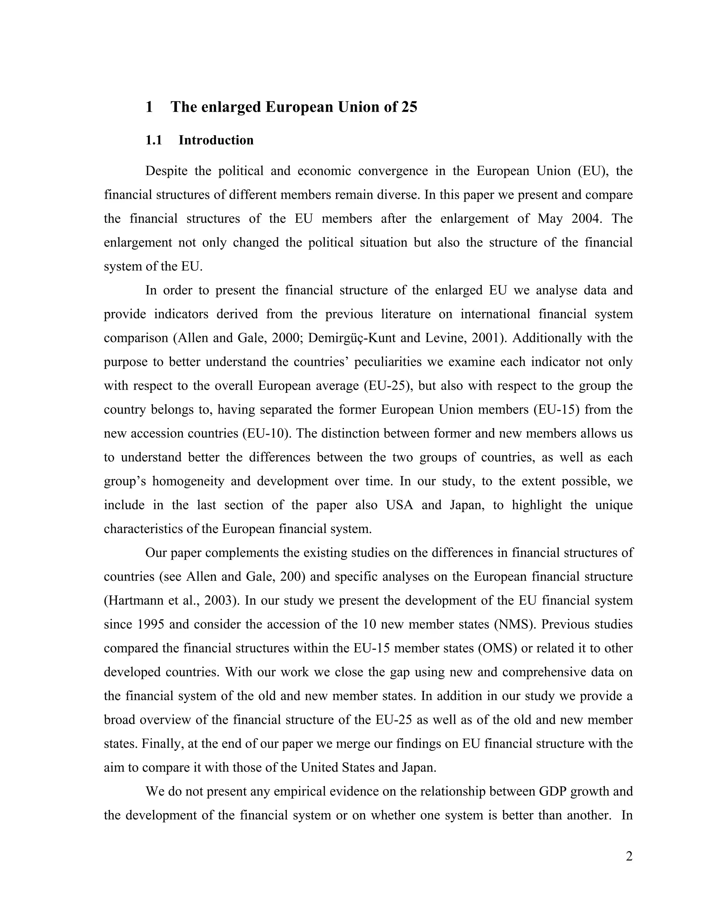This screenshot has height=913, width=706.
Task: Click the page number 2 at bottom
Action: (629, 856)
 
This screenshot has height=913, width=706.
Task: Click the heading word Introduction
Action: (216, 140)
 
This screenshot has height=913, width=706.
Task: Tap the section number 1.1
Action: (153, 140)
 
